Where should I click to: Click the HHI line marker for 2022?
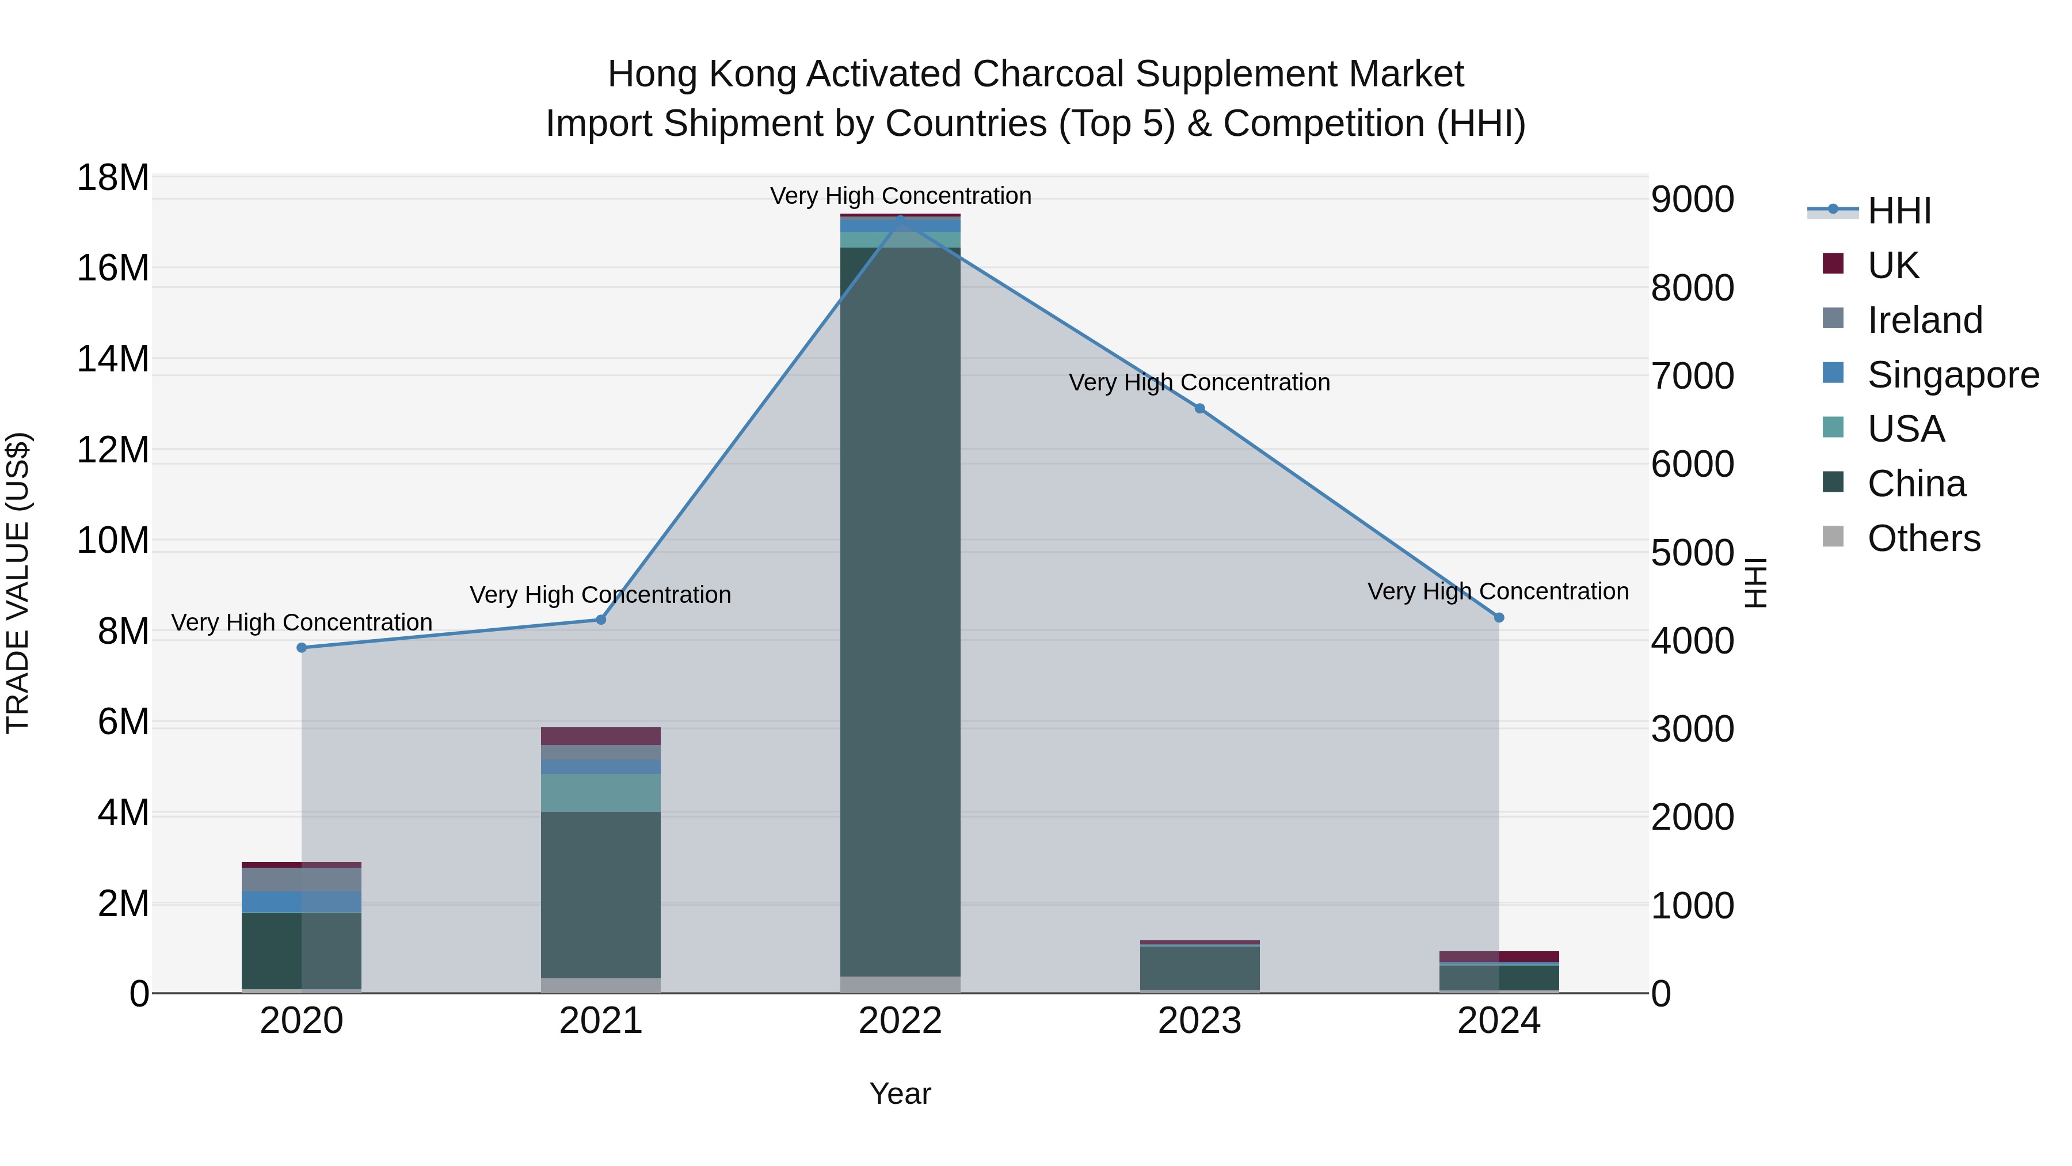click(x=900, y=217)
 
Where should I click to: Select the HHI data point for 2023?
click(x=1199, y=409)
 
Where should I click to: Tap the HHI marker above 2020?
click(x=302, y=648)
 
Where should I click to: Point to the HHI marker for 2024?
click(x=1499, y=618)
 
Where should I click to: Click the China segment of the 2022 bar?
click(x=900, y=612)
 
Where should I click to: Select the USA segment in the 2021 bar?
click(x=600, y=793)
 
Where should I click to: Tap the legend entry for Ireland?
click(x=1924, y=320)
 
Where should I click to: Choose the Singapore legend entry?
click(x=1952, y=375)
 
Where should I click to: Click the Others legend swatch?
click(x=1833, y=537)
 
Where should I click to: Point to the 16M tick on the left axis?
click(x=113, y=268)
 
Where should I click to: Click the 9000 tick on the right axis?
click(x=1692, y=200)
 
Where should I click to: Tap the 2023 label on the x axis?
click(x=1199, y=1021)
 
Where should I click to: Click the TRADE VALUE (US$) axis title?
click(x=18, y=583)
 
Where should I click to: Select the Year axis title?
click(x=900, y=1093)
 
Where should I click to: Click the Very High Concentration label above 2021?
click(x=600, y=595)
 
